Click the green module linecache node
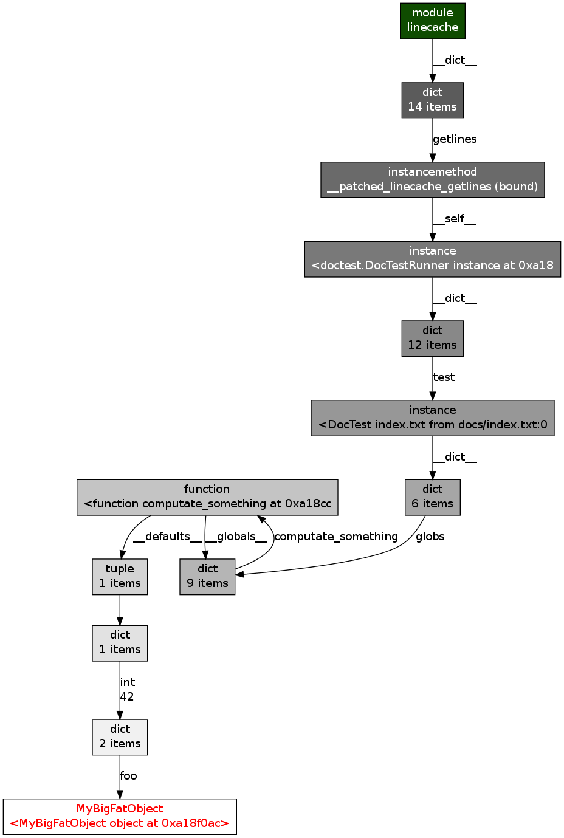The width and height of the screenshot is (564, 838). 432,21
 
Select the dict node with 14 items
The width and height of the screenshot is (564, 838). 432,100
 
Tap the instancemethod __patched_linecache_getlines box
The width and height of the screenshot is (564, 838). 432,180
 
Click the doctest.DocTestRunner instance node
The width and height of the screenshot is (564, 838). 432,259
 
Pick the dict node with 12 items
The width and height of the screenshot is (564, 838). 432,338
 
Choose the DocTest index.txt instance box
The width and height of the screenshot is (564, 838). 432,418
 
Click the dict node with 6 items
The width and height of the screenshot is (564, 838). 432,497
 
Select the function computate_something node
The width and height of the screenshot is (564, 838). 207,497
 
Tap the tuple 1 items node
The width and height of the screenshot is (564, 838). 120,577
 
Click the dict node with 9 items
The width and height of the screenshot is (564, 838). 207,577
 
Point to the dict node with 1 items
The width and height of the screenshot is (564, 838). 120,643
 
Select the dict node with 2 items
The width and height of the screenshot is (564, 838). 120,737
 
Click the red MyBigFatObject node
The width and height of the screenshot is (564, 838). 120,817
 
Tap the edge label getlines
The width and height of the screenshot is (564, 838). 455,139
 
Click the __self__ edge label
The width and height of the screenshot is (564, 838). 454,219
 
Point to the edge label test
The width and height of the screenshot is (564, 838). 444,377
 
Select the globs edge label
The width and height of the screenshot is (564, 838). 430,537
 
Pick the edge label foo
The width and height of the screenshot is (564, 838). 129,776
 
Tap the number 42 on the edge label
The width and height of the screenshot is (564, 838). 127,697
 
